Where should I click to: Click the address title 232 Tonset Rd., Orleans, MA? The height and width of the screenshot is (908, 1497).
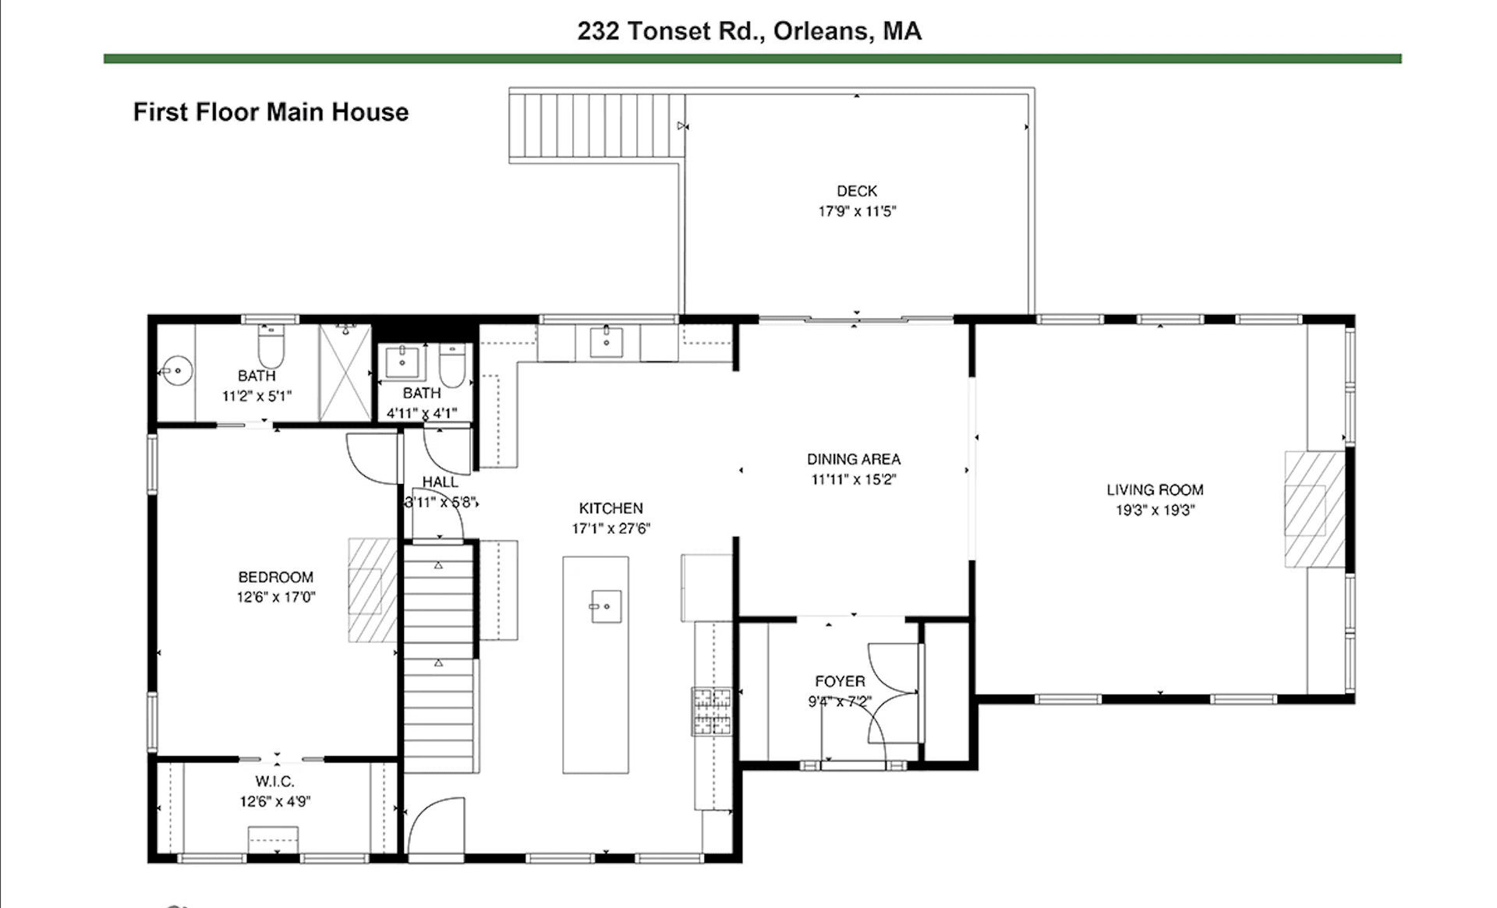tap(749, 31)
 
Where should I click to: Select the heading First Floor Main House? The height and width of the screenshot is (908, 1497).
tap(271, 112)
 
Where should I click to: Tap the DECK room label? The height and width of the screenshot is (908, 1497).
tap(857, 191)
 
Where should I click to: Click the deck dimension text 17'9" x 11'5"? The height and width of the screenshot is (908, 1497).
tap(857, 211)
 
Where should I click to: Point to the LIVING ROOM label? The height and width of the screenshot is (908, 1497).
tap(1155, 490)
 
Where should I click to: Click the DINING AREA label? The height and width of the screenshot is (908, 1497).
tap(854, 460)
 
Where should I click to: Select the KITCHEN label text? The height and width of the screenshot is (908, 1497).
tap(611, 508)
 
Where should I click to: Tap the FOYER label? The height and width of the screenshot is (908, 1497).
tap(840, 681)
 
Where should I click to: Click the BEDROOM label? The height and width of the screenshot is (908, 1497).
tap(275, 578)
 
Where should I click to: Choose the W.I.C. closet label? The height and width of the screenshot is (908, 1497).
tap(274, 782)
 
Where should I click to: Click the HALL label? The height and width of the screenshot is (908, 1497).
tap(440, 482)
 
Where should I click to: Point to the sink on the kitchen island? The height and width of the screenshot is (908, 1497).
tap(606, 606)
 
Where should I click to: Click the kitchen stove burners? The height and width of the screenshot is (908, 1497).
tap(712, 712)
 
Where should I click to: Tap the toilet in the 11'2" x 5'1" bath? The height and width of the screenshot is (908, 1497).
tap(271, 347)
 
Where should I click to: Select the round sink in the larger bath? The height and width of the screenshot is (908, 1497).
tap(178, 370)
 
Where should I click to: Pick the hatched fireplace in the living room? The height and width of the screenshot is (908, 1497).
tap(1315, 510)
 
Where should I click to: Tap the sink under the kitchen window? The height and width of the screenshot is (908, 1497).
tap(606, 341)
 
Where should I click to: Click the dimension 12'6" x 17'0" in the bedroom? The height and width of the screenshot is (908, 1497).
tap(275, 598)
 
